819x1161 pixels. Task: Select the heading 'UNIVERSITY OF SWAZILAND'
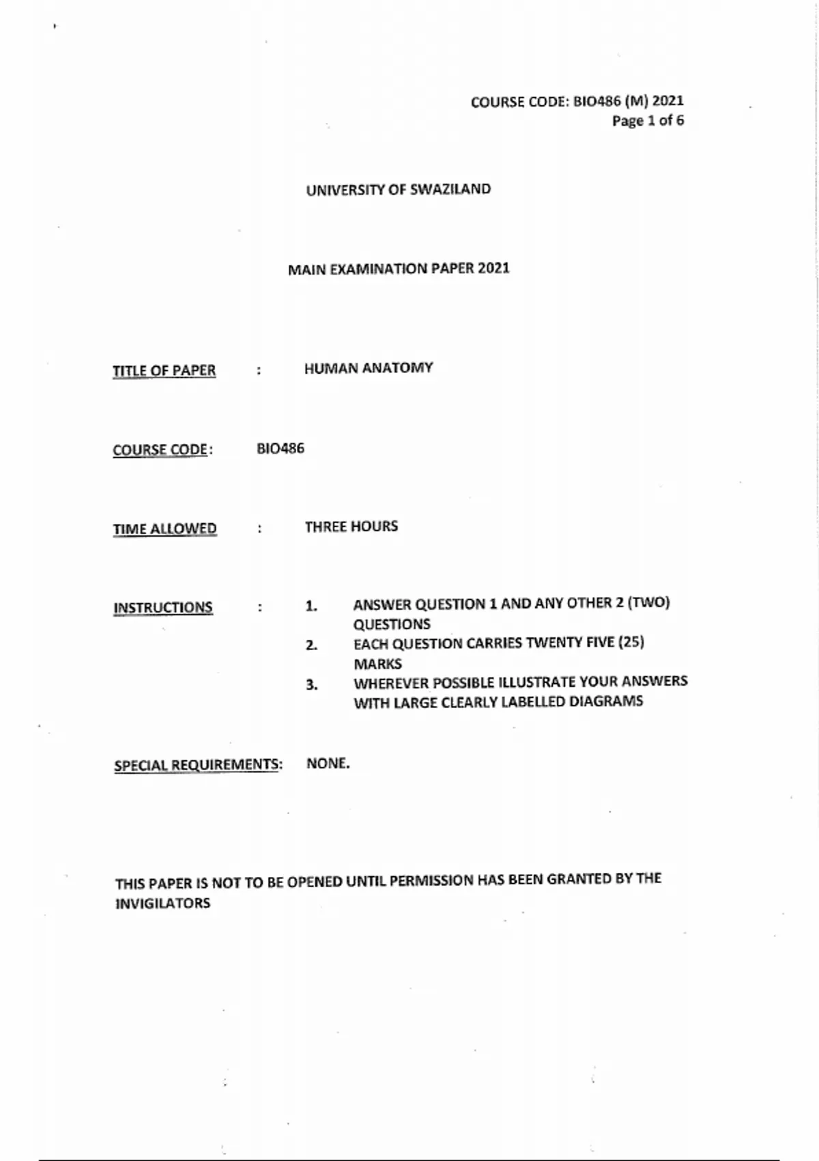point(398,189)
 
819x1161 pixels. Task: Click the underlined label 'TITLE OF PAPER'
point(164,370)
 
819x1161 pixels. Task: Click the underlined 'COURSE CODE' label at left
point(161,450)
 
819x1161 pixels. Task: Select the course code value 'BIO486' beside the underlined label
point(281,449)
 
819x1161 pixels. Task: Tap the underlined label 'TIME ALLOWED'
point(164,529)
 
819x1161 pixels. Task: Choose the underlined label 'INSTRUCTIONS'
point(162,607)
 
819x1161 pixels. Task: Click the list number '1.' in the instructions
point(311,606)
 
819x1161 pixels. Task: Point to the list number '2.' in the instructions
point(311,645)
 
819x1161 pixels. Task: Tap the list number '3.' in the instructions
point(311,685)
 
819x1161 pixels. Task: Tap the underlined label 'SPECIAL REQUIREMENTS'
point(197,765)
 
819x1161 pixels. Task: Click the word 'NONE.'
point(328,764)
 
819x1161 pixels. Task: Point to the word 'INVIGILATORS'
point(162,904)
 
